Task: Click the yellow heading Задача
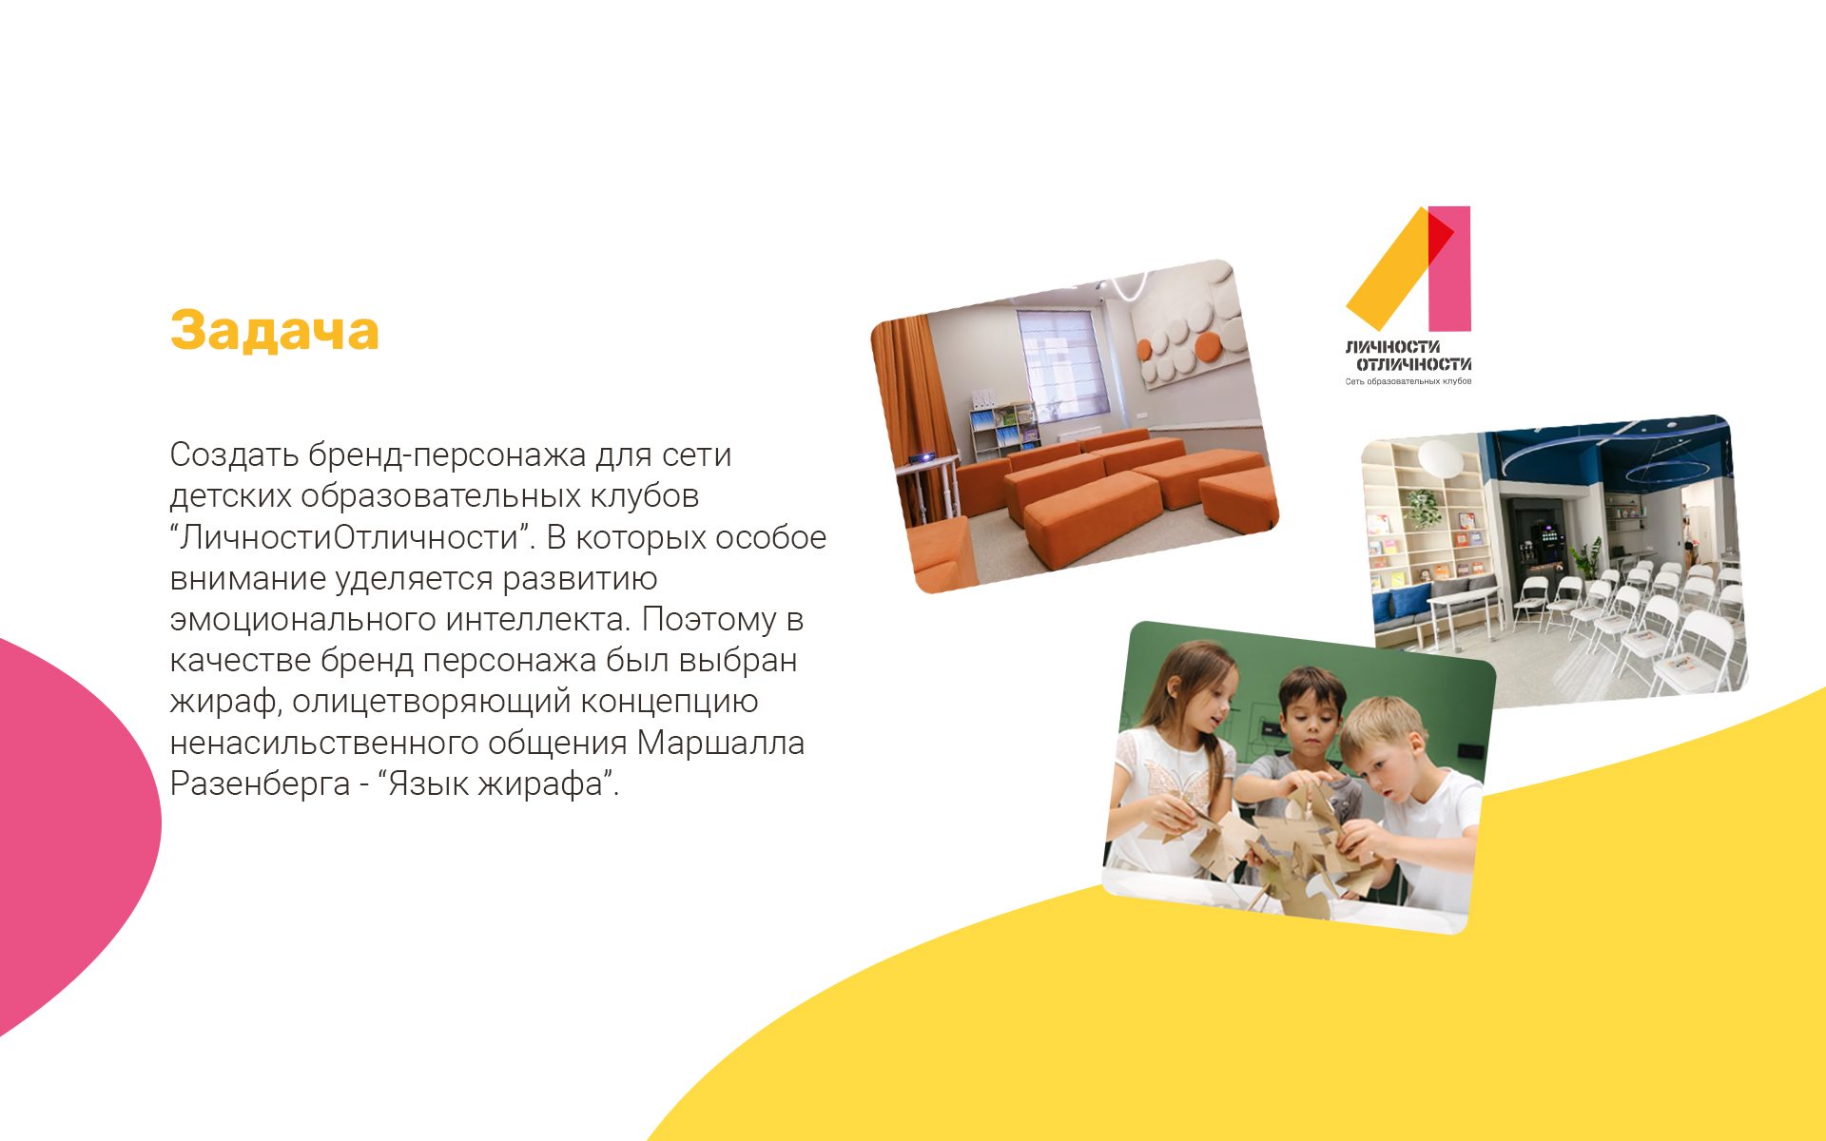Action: click(274, 331)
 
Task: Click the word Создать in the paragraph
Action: click(234, 454)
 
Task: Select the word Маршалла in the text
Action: click(720, 743)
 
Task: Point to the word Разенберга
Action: click(260, 784)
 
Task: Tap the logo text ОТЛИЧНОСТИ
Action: click(1413, 364)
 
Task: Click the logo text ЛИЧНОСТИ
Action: click(1392, 347)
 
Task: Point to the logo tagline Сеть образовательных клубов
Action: click(1408, 381)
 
